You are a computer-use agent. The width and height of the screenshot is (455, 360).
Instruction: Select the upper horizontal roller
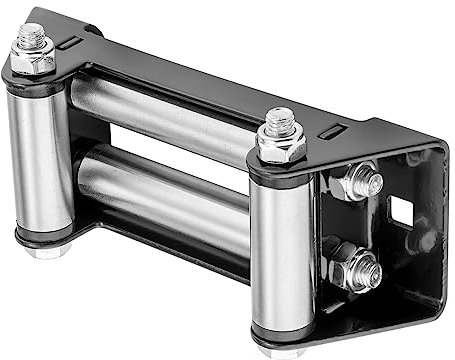(160, 115)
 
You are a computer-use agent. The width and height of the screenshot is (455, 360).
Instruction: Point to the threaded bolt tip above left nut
(30, 33)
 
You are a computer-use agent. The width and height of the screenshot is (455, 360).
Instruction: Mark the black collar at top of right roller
(283, 174)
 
